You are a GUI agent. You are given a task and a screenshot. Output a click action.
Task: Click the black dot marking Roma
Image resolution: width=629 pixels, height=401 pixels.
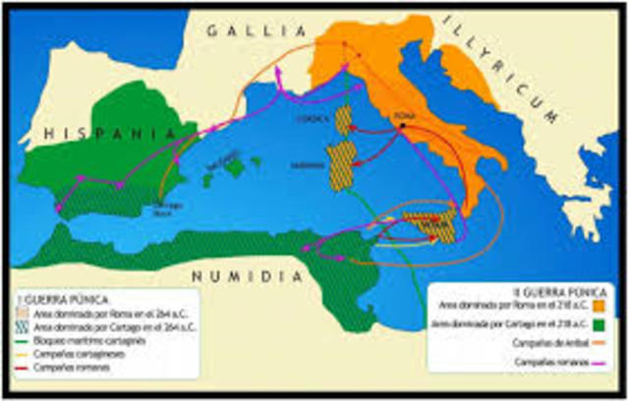point(402,126)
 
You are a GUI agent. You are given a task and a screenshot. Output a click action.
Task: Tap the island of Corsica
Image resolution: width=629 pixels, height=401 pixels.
point(343,122)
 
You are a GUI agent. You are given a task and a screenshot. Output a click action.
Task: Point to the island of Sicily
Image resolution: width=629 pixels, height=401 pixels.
point(431,224)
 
